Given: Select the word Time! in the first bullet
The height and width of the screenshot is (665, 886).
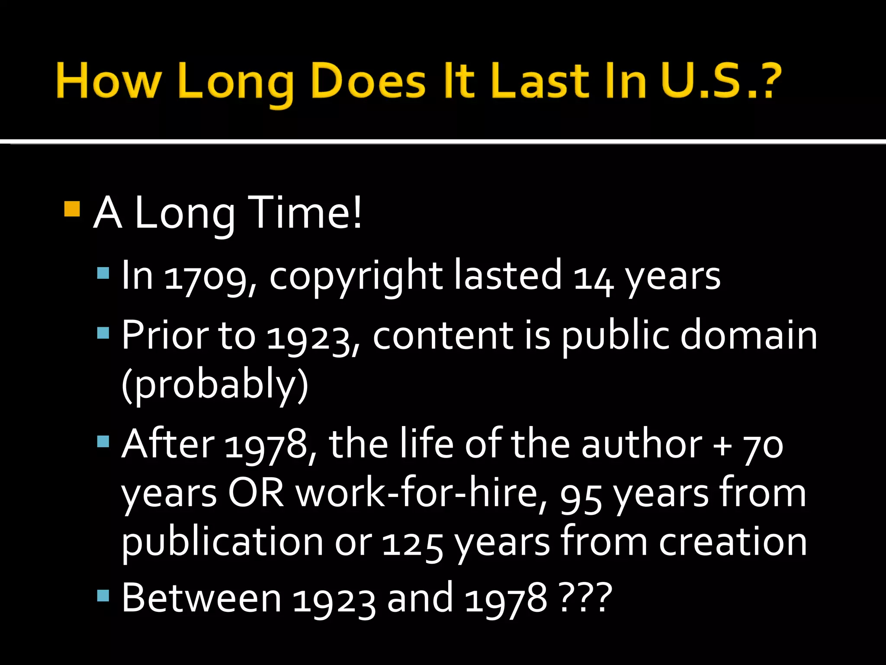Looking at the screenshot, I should (x=305, y=213).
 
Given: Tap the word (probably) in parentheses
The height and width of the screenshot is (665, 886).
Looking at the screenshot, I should (x=215, y=384).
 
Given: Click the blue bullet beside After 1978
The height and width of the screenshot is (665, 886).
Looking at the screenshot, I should (x=103, y=442).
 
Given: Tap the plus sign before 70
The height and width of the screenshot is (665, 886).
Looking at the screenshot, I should (x=722, y=446).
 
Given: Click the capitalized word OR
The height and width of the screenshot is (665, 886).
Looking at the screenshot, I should (x=256, y=494).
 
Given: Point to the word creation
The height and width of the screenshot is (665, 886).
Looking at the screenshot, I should (x=733, y=542).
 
